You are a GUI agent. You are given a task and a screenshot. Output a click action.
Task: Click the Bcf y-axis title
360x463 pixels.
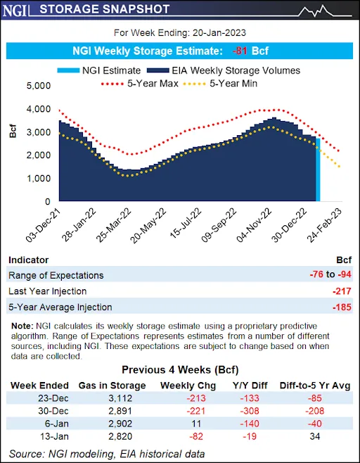(x=13, y=132)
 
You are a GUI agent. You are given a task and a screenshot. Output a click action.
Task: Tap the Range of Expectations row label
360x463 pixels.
(x=56, y=275)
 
